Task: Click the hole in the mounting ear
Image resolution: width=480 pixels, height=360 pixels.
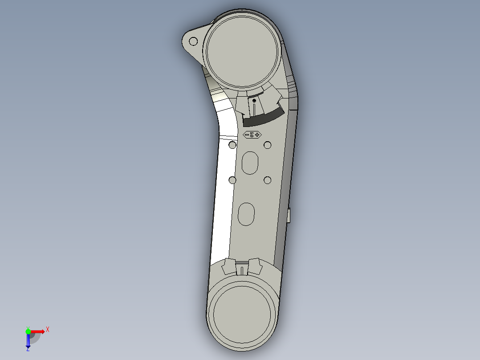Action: [193, 41]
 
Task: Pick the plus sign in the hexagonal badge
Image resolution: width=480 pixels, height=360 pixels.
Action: [257, 135]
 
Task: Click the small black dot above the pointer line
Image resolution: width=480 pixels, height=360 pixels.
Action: [254, 101]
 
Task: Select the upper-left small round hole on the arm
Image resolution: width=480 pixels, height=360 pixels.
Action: [232, 145]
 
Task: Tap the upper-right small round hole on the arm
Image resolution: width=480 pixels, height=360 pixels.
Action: [268, 145]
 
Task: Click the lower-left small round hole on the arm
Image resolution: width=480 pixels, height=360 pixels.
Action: [232, 180]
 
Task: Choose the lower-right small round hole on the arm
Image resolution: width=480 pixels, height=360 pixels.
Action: [268, 180]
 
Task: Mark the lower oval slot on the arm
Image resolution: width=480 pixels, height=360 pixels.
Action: [246, 214]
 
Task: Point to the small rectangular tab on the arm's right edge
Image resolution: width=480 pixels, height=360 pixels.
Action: [289, 216]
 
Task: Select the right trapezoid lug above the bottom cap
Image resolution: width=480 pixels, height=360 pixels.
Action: [254, 266]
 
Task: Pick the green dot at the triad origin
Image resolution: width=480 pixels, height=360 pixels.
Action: [28, 331]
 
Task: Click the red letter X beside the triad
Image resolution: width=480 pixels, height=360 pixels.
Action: [48, 330]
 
